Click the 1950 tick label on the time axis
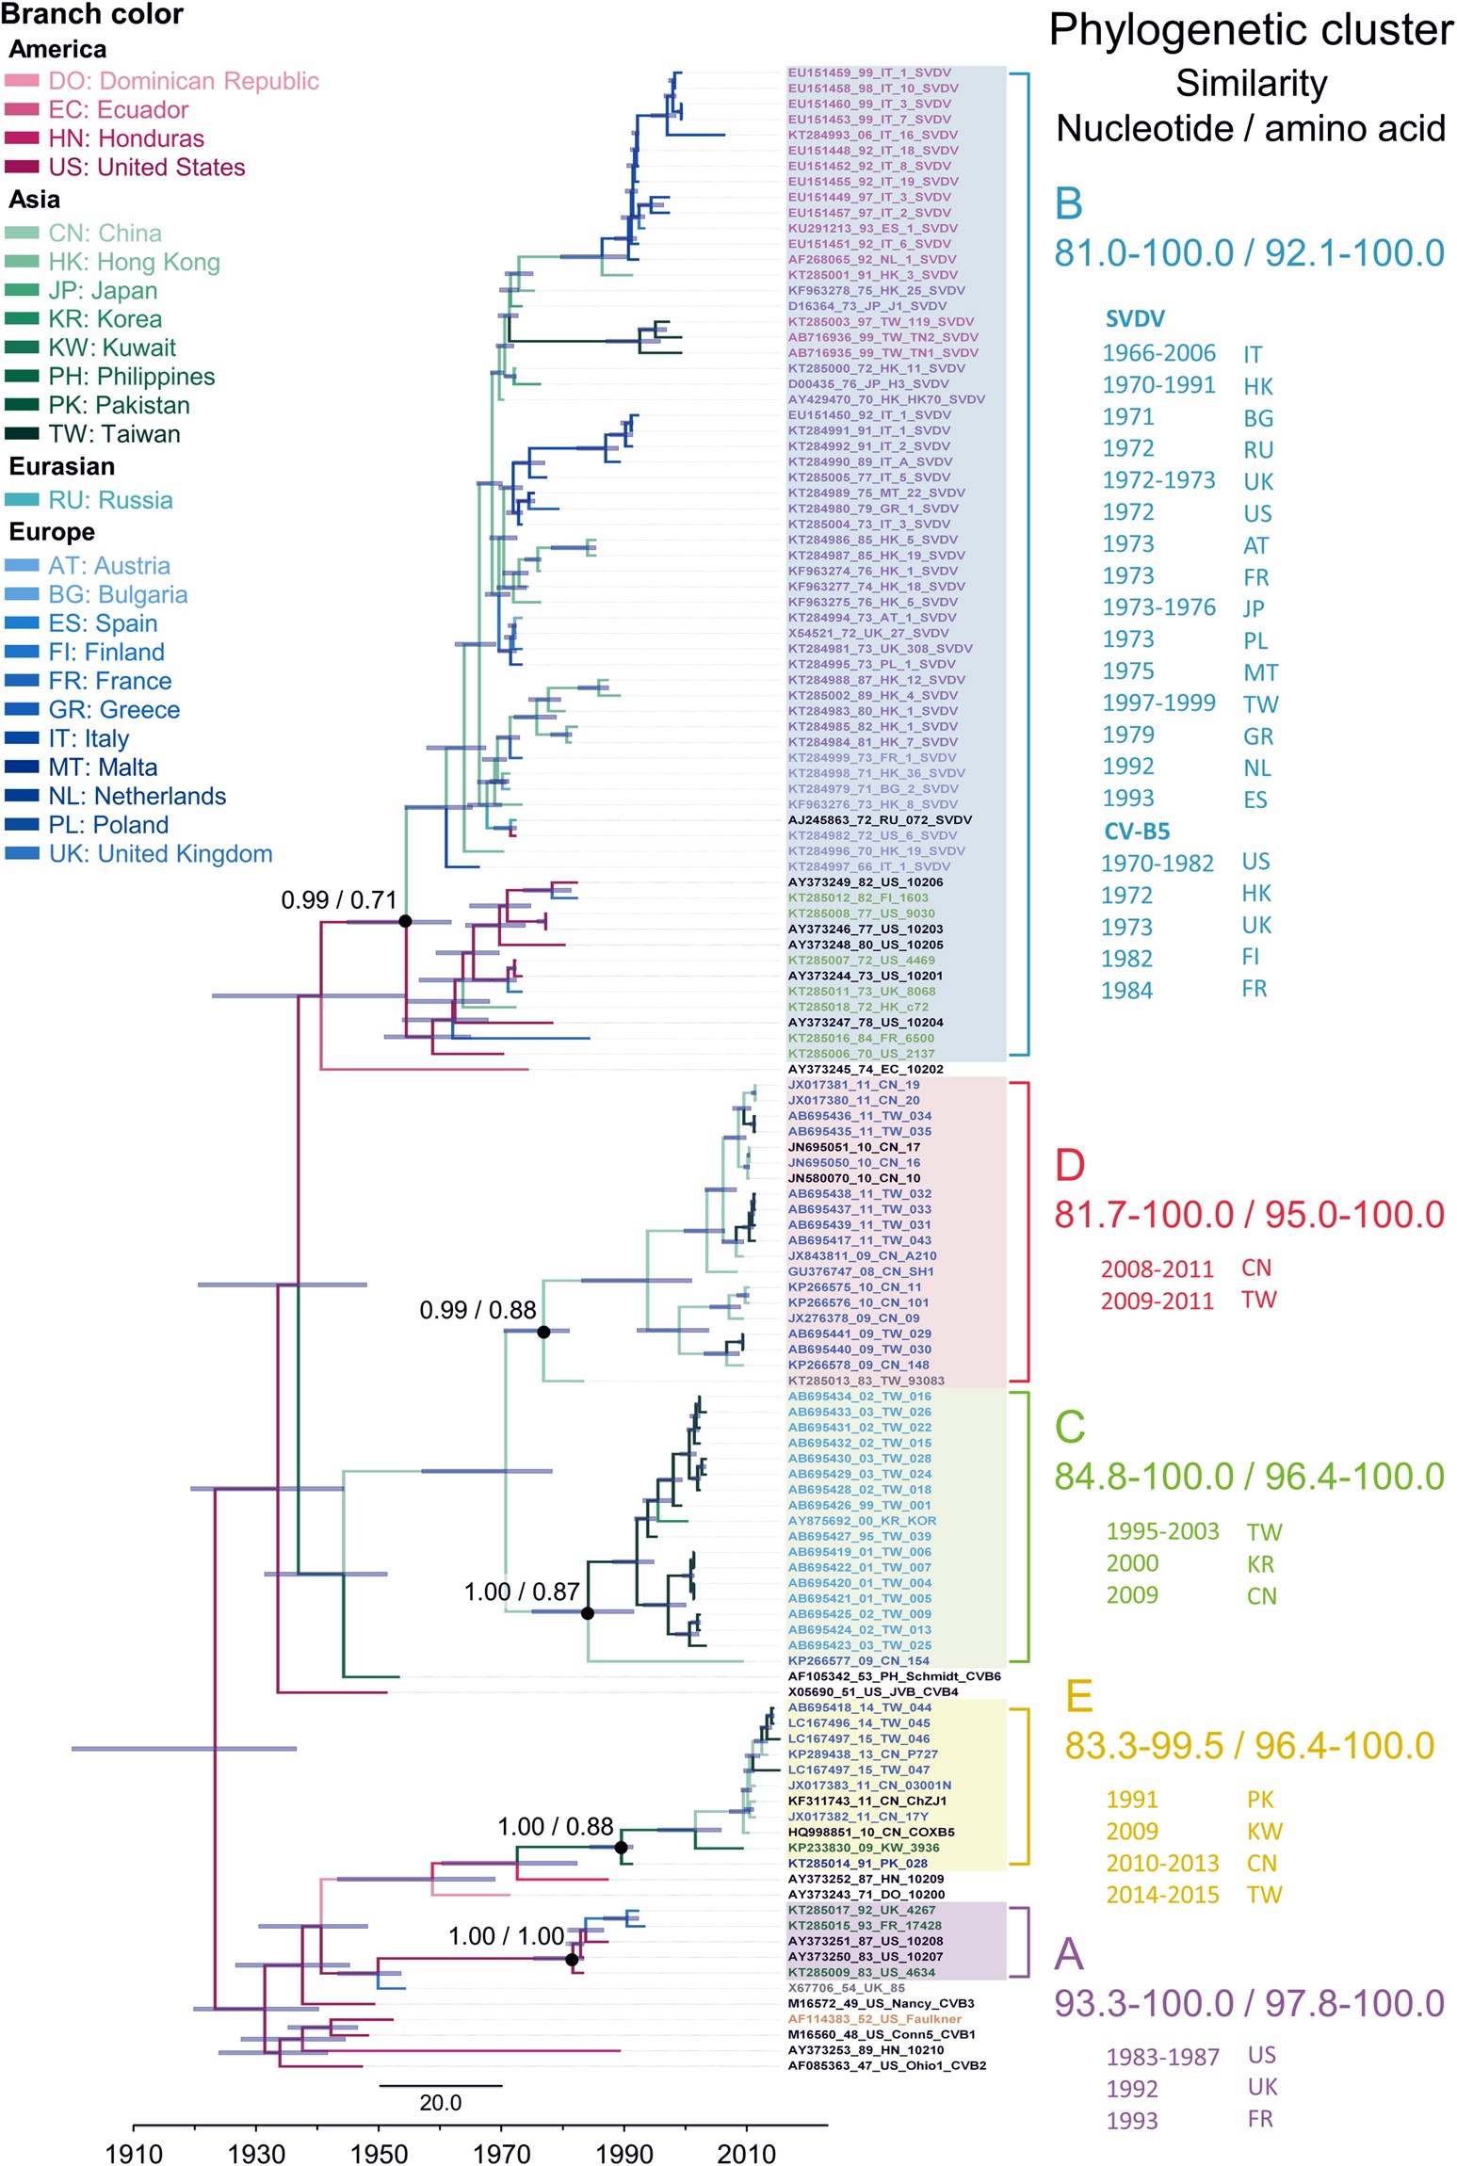click(x=379, y=2153)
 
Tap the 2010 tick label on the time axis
click(x=747, y=2153)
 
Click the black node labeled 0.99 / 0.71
click(x=405, y=921)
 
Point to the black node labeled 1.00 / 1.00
click(x=572, y=1960)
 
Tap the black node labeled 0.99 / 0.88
click(x=543, y=1332)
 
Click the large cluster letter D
click(x=1070, y=1165)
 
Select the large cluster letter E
click(x=1078, y=1696)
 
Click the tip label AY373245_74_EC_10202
click(x=865, y=1069)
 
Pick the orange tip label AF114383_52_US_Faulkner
click(x=874, y=2018)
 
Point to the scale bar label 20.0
click(x=440, y=2102)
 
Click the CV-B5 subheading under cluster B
click(x=1137, y=832)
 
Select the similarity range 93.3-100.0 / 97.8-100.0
click(x=1249, y=2002)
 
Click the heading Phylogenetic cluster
click(x=1251, y=30)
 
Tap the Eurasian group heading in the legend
click(x=62, y=466)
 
